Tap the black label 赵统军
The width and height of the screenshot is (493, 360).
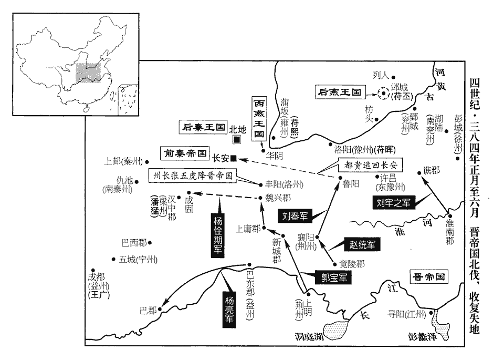(x=362, y=243)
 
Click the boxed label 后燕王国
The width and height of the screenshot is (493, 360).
(x=340, y=92)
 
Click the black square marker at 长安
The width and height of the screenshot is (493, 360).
(x=234, y=157)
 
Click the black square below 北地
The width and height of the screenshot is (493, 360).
(x=237, y=139)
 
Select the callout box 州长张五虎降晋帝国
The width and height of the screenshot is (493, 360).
(x=193, y=175)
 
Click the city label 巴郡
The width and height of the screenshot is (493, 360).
(x=148, y=310)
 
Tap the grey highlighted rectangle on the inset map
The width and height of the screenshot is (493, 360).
(x=88, y=73)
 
